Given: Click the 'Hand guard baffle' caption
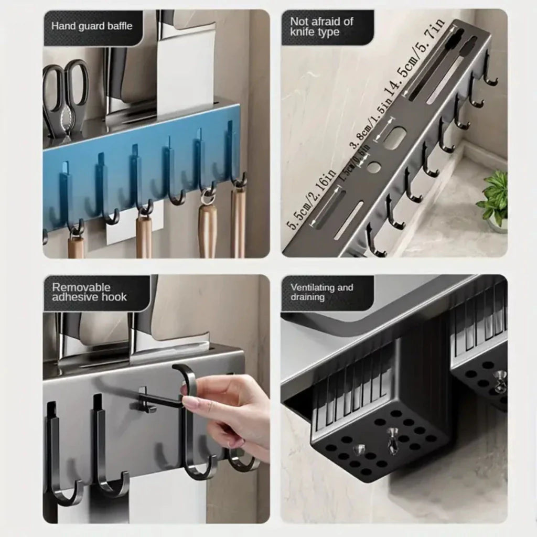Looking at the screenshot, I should (92, 26).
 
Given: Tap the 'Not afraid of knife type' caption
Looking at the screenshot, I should (321, 26).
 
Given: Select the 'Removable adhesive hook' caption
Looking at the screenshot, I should (89, 292).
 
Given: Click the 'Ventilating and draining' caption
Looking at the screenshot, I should (321, 292).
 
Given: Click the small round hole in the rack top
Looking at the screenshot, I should (374, 168).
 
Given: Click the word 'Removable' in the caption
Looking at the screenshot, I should (81, 287).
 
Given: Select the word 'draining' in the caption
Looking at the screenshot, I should (308, 297).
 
